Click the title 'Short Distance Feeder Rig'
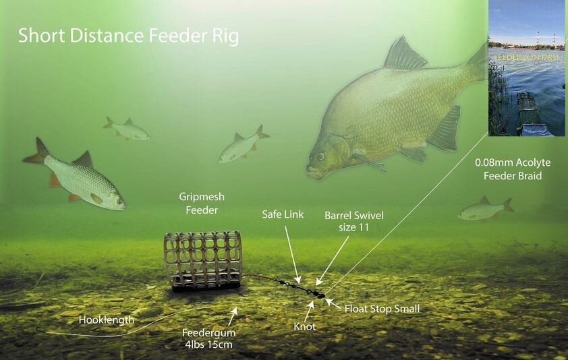(x=128, y=36)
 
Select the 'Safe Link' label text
(x=283, y=215)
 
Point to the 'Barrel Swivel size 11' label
(x=351, y=220)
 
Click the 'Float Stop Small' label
(x=382, y=309)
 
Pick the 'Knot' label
(x=304, y=326)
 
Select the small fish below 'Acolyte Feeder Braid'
(x=484, y=210)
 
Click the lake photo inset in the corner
(x=526, y=67)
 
